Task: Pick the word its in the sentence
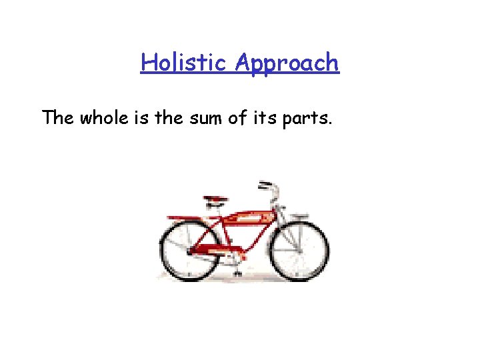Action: click(271, 118)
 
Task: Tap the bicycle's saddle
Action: click(215, 199)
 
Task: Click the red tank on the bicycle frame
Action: click(247, 217)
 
